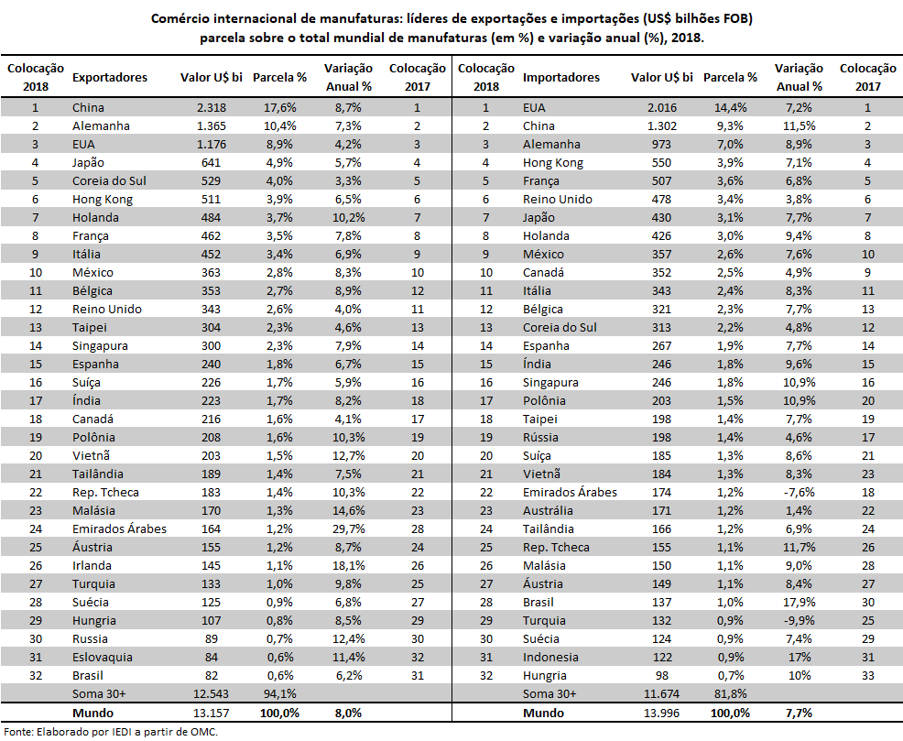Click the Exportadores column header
[109, 78]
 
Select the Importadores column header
[560, 78]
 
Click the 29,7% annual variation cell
[347, 529]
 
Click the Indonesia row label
[550, 658]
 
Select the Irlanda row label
[93, 566]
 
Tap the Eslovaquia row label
[102, 658]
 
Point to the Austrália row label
[548, 511]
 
